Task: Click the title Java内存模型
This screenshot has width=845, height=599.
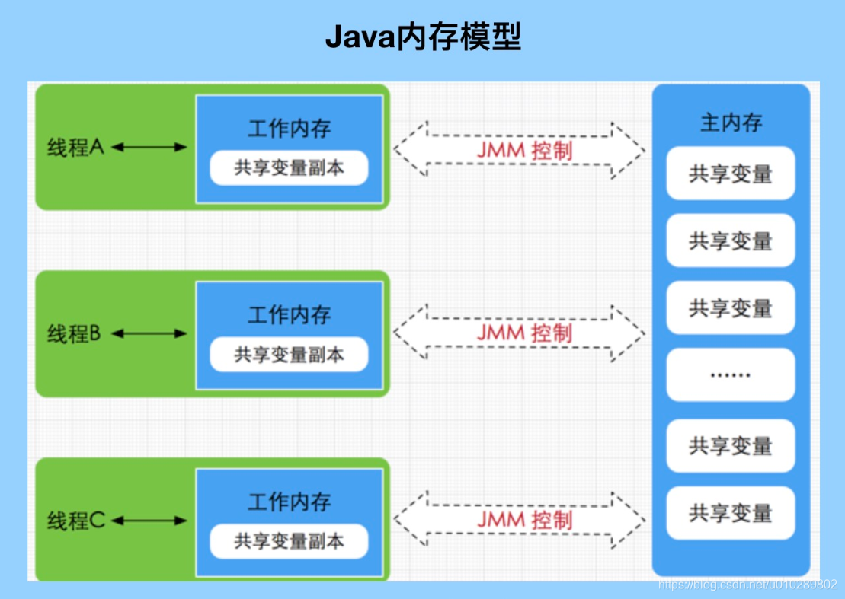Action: coord(423,37)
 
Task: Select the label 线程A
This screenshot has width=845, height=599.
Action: coord(75,147)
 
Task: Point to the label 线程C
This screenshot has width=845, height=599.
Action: coord(75,521)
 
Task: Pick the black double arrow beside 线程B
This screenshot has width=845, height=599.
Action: coord(149,333)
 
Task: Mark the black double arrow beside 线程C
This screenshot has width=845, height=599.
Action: coord(149,521)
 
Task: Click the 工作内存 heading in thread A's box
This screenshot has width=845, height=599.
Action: coord(289,128)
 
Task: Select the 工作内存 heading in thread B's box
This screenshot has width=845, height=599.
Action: coord(289,314)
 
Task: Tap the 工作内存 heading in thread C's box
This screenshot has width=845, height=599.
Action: coord(289,502)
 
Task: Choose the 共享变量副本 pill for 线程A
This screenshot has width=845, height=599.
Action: coord(289,168)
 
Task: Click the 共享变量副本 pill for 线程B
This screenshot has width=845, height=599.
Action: coord(289,355)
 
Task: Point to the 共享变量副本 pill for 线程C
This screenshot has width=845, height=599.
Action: coord(289,541)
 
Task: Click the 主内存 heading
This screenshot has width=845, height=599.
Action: coord(731,123)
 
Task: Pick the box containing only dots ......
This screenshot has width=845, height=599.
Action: coord(731,374)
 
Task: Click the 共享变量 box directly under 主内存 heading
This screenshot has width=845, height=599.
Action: coord(731,174)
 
